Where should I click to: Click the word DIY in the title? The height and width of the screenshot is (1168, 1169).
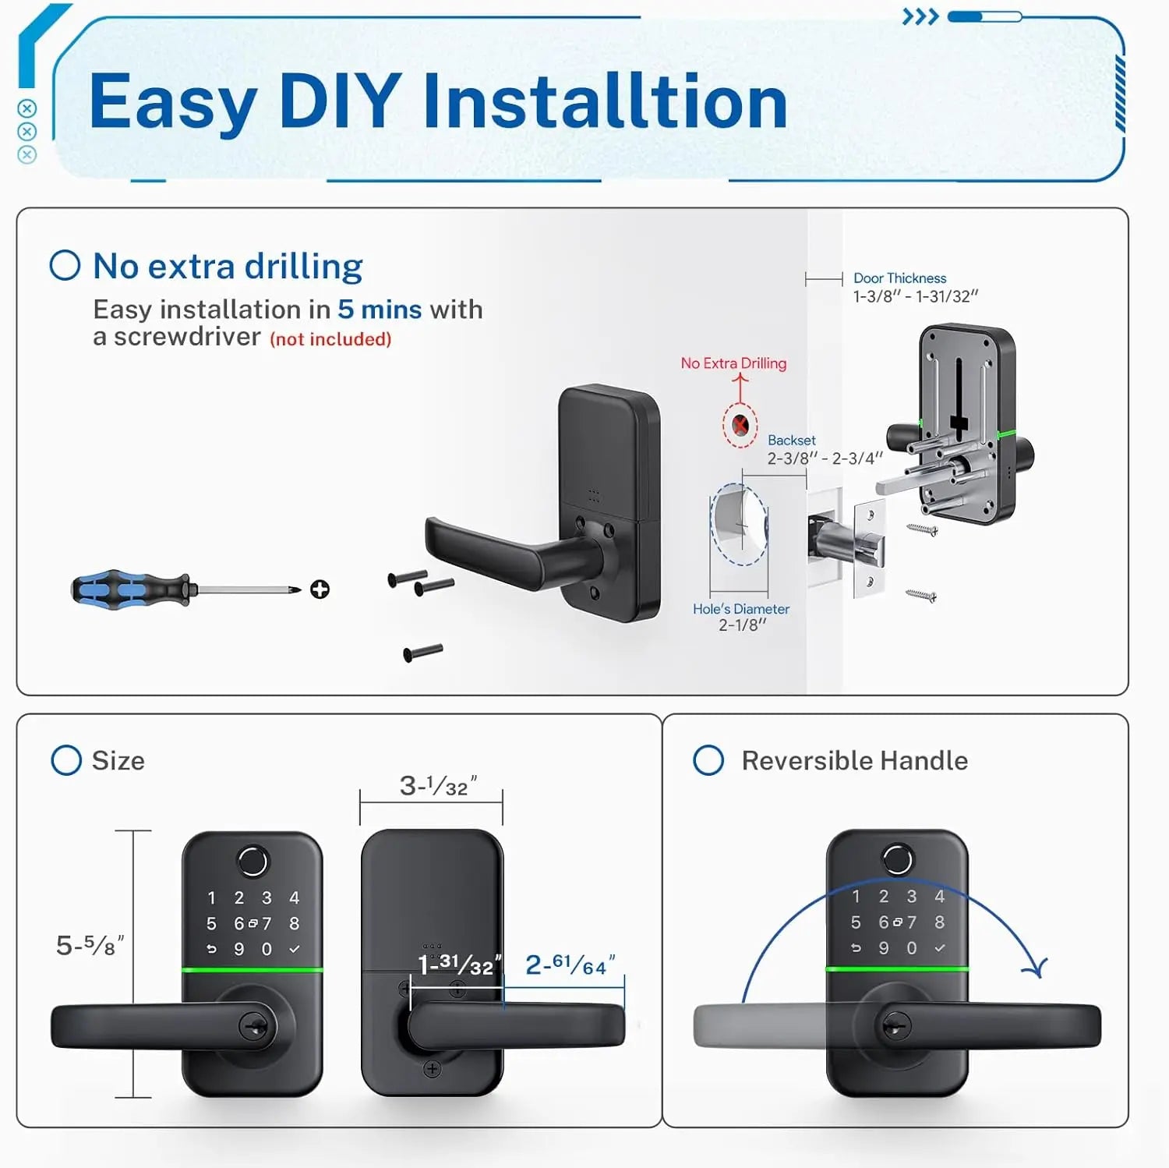tap(340, 101)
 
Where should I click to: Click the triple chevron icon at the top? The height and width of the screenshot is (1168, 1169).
tap(920, 17)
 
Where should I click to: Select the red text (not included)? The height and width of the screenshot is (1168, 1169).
tap(330, 339)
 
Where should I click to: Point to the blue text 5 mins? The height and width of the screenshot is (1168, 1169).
tap(380, 310)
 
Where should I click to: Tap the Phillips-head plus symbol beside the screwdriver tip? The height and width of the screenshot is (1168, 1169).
tap(320, 589)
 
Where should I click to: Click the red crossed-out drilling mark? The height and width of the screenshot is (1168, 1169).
tap(740, 426)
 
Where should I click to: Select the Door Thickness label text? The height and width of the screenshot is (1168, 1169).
tap(899, 278)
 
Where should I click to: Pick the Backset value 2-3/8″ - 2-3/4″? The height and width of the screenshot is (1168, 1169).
tap(825, 458)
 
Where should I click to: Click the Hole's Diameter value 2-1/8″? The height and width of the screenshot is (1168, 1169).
tap(742, 625)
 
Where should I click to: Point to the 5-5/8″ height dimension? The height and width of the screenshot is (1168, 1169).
tap(90, 946)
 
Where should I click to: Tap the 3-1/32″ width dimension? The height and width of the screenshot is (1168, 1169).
tap(437, 786)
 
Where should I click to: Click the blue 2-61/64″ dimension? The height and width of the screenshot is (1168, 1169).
tap(570, 965)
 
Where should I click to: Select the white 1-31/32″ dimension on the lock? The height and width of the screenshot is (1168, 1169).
tap(459, 965)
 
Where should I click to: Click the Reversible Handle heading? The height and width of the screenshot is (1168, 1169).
tap(854, 760)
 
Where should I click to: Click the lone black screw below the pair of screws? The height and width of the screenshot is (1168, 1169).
tap(423, 652)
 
